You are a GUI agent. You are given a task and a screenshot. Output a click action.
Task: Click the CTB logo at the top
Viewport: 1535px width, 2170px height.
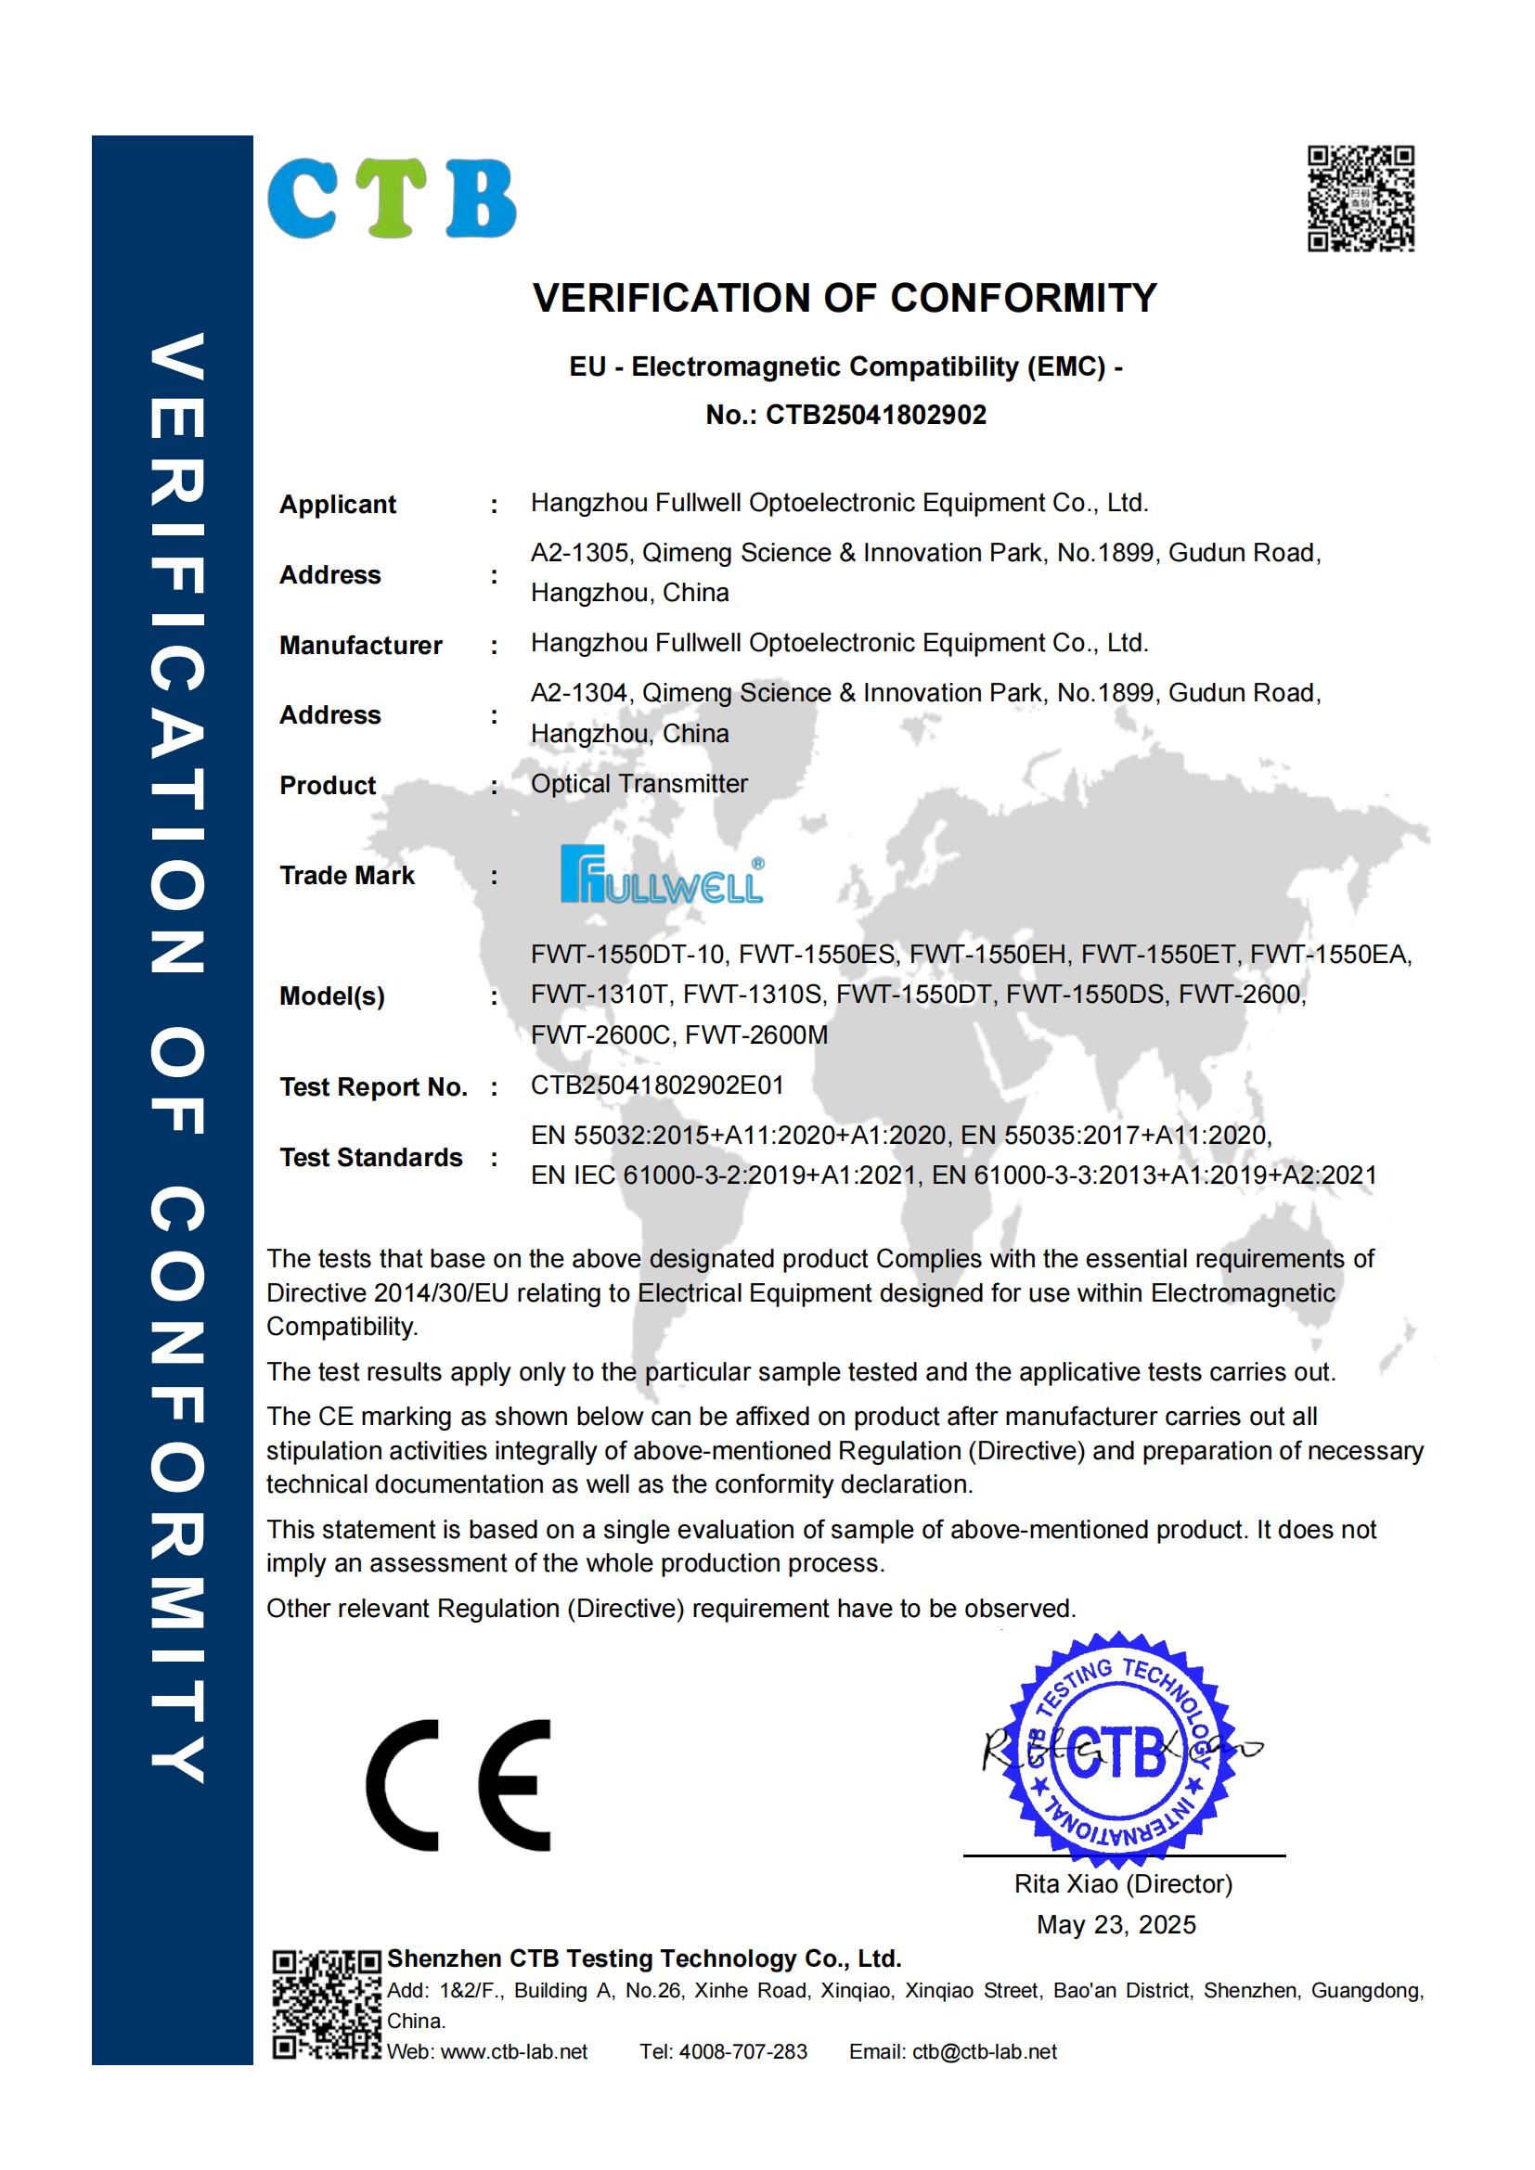392,199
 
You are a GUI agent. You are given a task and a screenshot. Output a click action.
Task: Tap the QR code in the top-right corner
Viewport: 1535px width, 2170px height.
1361,199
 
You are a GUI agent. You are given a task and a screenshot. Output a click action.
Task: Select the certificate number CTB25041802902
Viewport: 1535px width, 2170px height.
875,415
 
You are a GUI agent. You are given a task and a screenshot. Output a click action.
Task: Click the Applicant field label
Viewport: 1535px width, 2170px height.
338,505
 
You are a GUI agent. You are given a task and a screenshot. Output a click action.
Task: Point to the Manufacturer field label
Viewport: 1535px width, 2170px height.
360,646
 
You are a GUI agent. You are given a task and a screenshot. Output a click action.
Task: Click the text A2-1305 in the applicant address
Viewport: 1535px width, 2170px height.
579,553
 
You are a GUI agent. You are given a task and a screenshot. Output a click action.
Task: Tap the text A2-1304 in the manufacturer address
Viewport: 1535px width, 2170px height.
579,693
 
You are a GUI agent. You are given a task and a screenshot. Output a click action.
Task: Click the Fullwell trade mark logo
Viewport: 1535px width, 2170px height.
662,874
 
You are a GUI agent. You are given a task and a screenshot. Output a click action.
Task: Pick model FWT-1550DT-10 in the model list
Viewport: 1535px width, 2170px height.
627,955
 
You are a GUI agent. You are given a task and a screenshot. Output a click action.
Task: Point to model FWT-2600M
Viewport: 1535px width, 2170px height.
756,1035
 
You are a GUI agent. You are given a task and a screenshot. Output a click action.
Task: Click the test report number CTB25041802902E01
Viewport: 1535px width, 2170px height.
657,1085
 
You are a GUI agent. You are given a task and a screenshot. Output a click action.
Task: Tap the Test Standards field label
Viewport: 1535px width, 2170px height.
370,1158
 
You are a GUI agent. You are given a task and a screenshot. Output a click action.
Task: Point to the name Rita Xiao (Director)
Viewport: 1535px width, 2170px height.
1123,1883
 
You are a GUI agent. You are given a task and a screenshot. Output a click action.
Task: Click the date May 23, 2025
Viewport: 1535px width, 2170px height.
1116,1924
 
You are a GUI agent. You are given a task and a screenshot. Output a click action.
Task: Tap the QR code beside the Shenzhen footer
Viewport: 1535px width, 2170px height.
326,2003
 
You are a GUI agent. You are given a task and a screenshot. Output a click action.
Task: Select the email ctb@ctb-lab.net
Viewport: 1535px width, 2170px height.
984,2051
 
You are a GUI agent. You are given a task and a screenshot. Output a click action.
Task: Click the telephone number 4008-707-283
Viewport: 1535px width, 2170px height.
743,2051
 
